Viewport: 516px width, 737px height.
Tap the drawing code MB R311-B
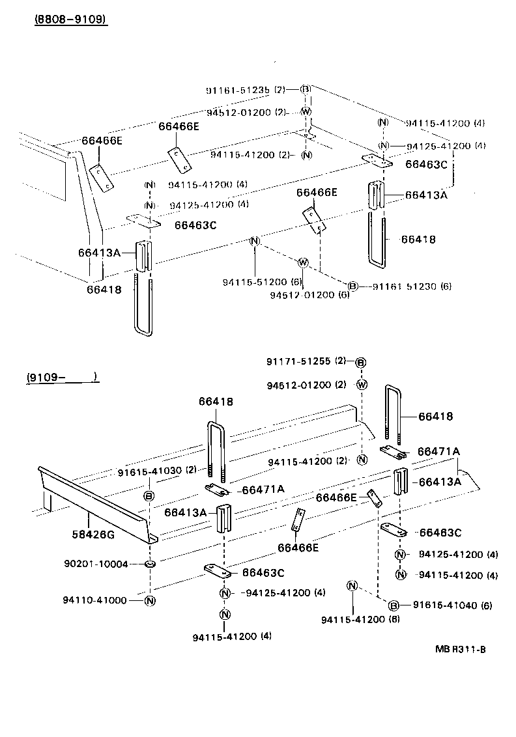click(x=461, y=649)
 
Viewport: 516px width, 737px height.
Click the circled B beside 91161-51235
click(x=305, y=89)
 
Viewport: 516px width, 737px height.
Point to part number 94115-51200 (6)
click(x=254, y=282)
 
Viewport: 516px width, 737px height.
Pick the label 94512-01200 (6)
click(x=309, y=295)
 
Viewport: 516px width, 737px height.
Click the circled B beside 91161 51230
click(x=352, y=286)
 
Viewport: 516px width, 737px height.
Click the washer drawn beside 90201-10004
click(x=149, y=564)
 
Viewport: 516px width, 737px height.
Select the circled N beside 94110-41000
click(x=149, y=600)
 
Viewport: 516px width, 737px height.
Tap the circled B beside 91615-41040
click(x=394, y=605)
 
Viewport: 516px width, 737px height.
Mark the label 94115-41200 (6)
click(x=360, y=619)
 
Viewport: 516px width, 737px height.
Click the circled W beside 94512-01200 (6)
click(x=302, y=263)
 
